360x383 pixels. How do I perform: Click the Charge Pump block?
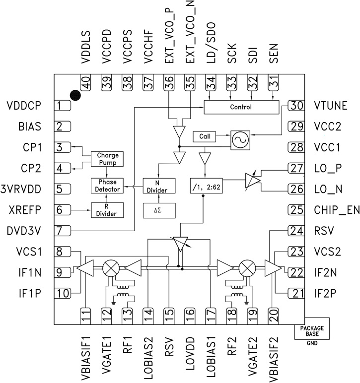point(107,159)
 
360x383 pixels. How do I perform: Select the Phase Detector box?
point(107,186)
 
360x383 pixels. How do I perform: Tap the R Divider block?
point(107,210)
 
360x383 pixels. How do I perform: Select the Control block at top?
point(241,107)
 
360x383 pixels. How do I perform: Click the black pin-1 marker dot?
point(75,95)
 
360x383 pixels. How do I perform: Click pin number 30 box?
point(297,105)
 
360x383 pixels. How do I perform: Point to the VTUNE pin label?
point(333,105)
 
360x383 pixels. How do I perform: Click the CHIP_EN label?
point(336,210)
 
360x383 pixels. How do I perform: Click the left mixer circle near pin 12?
point(110,268)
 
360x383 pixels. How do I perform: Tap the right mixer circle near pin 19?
point(246,268)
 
